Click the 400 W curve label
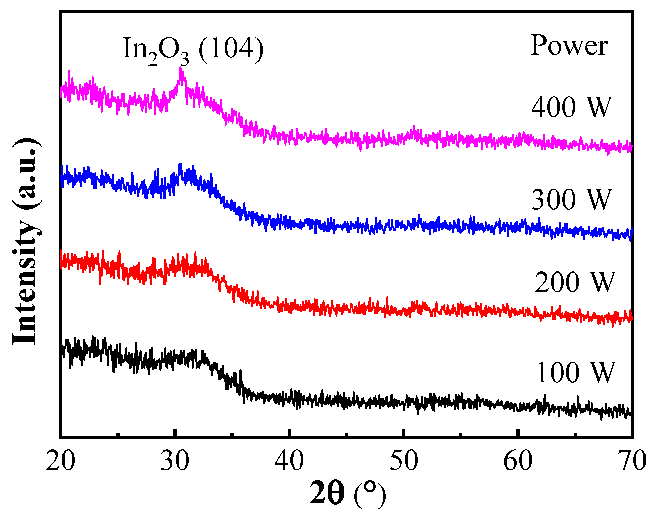tap(572, 107)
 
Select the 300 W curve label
tap(572, 199)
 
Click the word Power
tap(569, 46)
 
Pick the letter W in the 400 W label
tap(600, 107)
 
